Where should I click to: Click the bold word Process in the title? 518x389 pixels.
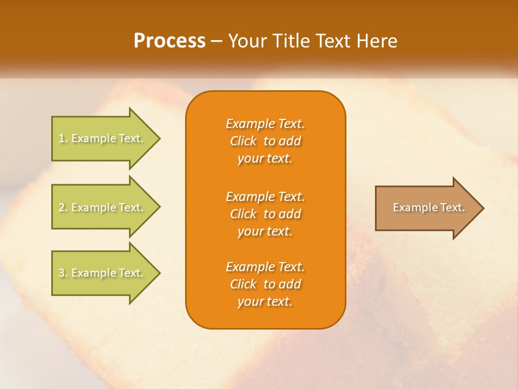pyautogui.click(x=169, y=41)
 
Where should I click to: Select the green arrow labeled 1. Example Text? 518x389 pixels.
pyautogui.click(x=103, y=138)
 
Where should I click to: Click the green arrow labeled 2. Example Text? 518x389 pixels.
pyautogui.click(x=103, y=207)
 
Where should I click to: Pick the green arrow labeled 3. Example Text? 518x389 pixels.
pyautogui.click(x=103, y=273)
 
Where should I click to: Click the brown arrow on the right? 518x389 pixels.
pyautogui.click(x=426, y=208)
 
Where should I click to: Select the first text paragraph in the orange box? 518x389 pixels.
pyautogui.click(x=265, y=141)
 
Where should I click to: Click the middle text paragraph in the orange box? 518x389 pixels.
pyautogui.click(x=265, y=214)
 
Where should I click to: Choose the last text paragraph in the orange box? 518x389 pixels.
pyautogui.click(x=265, y=284)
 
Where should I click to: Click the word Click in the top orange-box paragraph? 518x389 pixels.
pyautogui.click(x=243, y=141)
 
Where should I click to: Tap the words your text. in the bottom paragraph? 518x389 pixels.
pyautogui.click(x=265, y=302)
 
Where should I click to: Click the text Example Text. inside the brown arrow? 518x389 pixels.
pyautogui.click(x=429, y=207)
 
